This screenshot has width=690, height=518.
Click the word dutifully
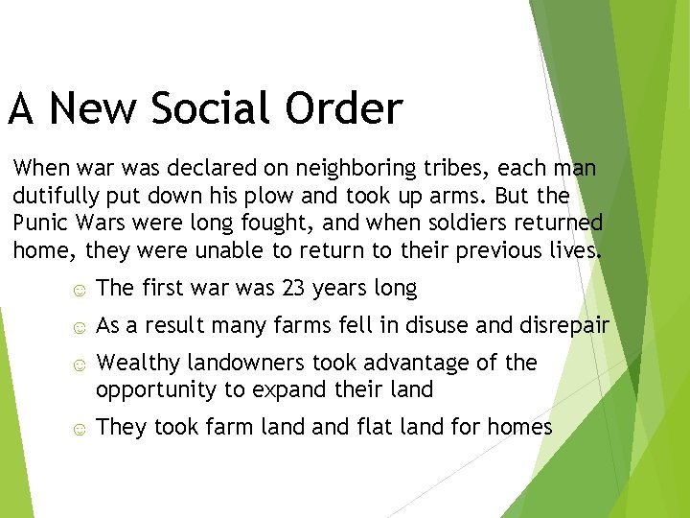[54, 197]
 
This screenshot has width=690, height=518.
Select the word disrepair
[563, 326]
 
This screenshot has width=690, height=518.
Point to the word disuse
[432, 326]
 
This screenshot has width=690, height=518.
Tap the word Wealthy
[137, 364]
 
